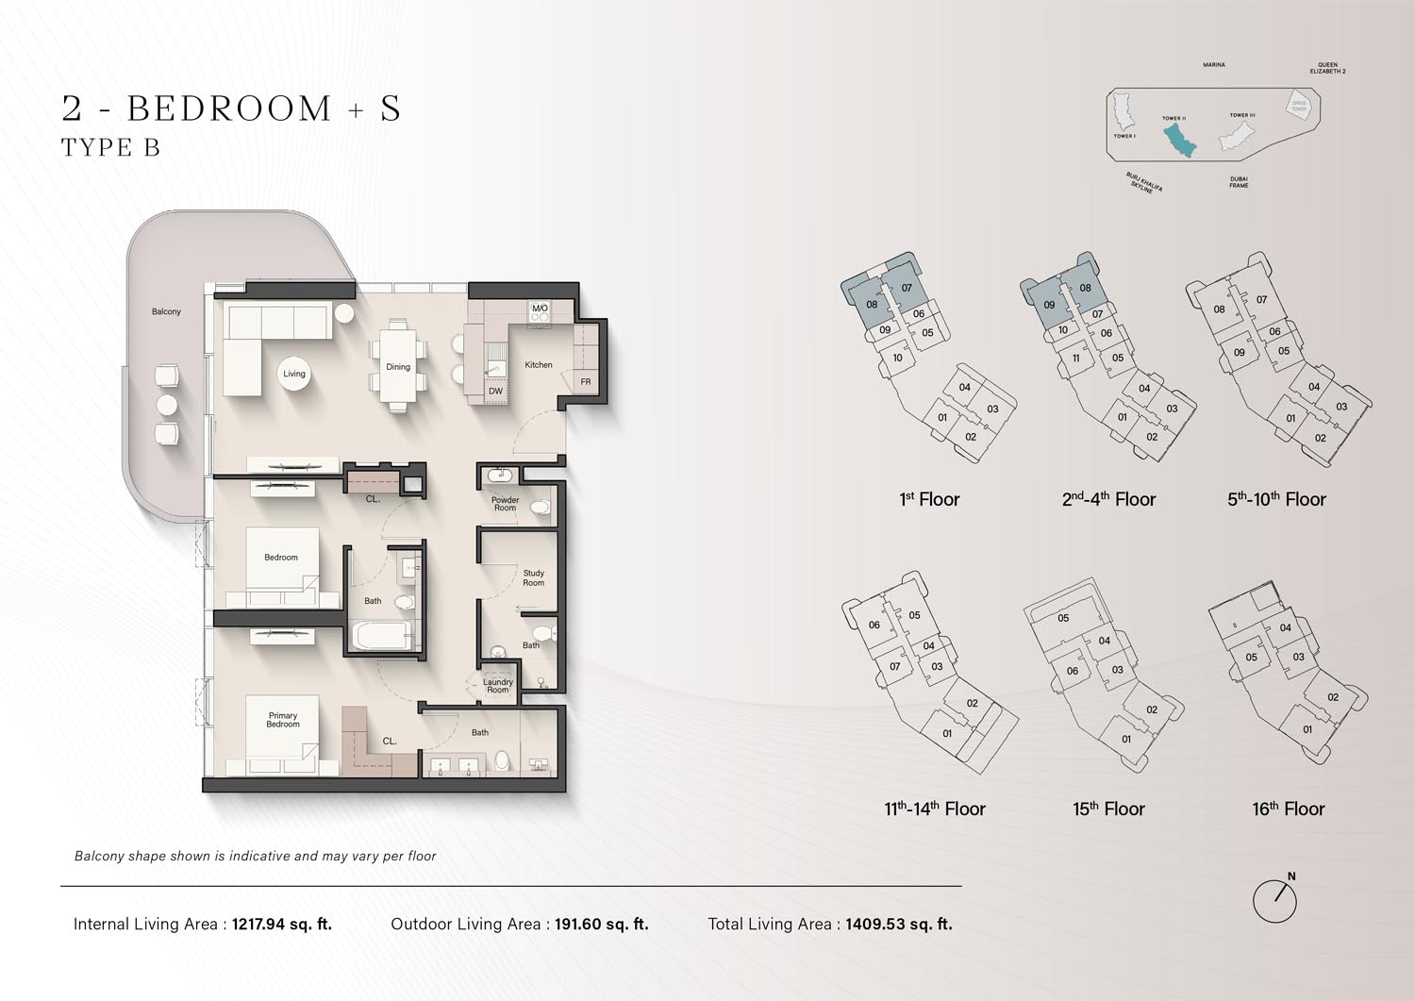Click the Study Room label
[x=533, y=577]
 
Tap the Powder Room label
[x=505, y=504]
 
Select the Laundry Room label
[x=498, y=686]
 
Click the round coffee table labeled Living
[x=293, y=374]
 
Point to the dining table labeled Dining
[x=398, y=366]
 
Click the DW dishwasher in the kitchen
[x=495, y=391]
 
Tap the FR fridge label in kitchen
[x=586, y=382]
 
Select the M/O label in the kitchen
[x=540, y=309]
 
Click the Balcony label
[x=166, y=311]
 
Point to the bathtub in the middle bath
[x=381, y=636]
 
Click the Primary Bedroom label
[x=282, y=720]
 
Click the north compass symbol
[x=1274, y=900]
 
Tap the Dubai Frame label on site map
[x=1238, y=182]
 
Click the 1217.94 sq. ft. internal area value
[x=282, y=924]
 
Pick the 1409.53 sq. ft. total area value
[x=899, y=924]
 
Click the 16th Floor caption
[x=1288, y=809]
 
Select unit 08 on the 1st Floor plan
[x=872, y=304]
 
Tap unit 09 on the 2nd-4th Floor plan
[x=1049, y=305]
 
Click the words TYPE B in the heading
[x=110, y=147]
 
